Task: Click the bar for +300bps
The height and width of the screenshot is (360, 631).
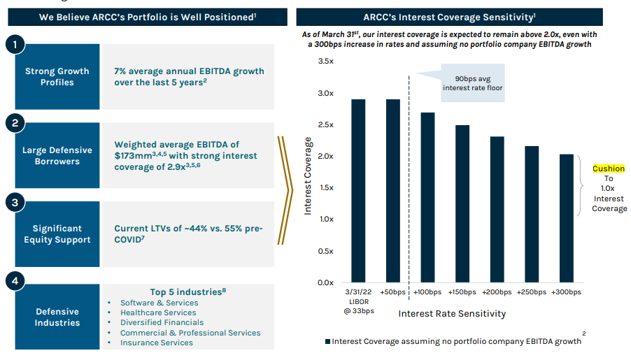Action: point(566,218)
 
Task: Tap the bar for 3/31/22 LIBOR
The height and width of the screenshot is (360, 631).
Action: point(358,191)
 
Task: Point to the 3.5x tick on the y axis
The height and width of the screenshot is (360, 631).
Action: point(325,62)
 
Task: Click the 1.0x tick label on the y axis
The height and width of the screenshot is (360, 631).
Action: point(325,219)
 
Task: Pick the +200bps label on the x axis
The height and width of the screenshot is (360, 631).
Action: point(497,291)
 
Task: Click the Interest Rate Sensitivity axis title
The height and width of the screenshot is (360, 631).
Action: point(451,313)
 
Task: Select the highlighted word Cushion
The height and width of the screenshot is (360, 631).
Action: point(609,168)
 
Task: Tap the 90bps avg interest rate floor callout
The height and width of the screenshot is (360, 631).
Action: point(472,83)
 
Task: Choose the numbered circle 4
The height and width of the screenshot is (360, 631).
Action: point(15,282)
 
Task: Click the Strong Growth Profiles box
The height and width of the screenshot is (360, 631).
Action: point(57,77)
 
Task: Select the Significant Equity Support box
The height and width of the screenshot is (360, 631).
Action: point(57,234)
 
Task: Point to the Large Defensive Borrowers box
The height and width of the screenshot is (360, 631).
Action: point(57,155)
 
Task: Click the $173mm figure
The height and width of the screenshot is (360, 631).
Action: point(132,156)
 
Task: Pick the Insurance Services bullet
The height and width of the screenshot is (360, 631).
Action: point(156,343)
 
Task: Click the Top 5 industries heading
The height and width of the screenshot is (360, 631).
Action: point(187,291)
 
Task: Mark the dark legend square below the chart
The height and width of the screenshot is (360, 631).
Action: point(328,341)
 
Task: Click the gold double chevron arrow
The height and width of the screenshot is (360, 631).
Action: point(284,190)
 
